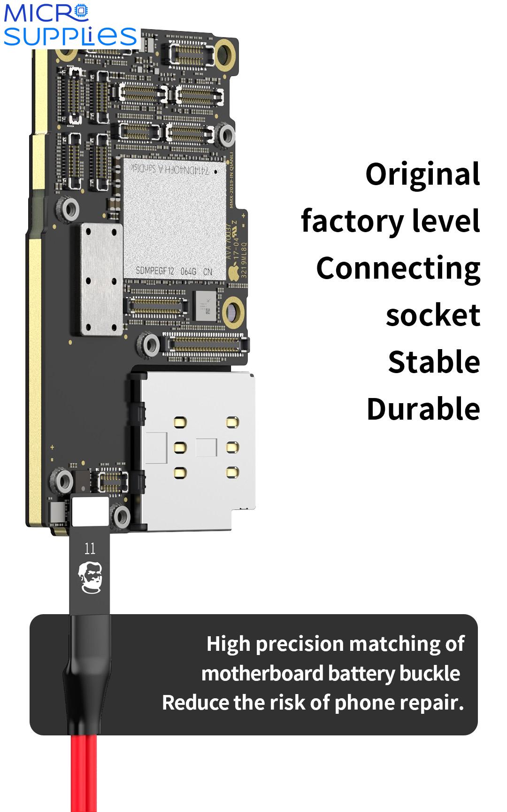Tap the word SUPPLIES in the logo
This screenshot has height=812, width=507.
(x=70, y=37)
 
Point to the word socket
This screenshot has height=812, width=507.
(x=433, y=315)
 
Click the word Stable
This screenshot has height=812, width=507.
(x=434, y=362)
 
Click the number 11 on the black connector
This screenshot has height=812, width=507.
(x=90, y=548)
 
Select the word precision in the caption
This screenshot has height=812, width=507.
(x=300, y=644)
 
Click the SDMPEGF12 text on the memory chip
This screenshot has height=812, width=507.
(x=155, y=271)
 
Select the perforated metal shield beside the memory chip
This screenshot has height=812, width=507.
(x=101, y=279)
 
